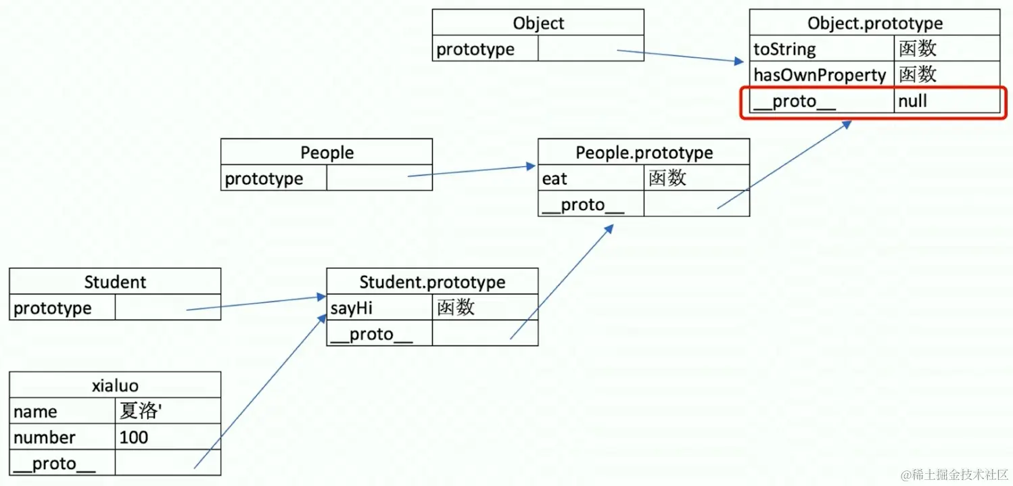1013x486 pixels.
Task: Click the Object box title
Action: coord(538,24)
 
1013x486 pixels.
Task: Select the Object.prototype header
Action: coord(874,24)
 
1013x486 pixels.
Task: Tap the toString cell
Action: coord(785,49)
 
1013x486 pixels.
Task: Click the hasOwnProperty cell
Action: coord(820,75)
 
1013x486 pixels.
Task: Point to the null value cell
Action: coord(912,101)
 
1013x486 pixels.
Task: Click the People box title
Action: coord(327,153)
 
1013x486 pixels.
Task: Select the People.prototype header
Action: coord(644,153)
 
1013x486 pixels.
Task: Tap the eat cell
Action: coord(555,178)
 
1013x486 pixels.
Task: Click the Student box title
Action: coord(115,282)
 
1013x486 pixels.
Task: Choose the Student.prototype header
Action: coord(432,282)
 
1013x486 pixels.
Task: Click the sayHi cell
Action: coord(351,308)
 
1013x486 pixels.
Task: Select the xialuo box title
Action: coord(115,385)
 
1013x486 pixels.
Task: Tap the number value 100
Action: coord(134,437)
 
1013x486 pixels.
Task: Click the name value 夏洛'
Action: coord(139,411)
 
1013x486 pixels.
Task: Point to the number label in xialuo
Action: coord(45,437)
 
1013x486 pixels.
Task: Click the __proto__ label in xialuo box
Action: coord(54,464)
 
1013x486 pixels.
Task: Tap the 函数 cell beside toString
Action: coord(918,49)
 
